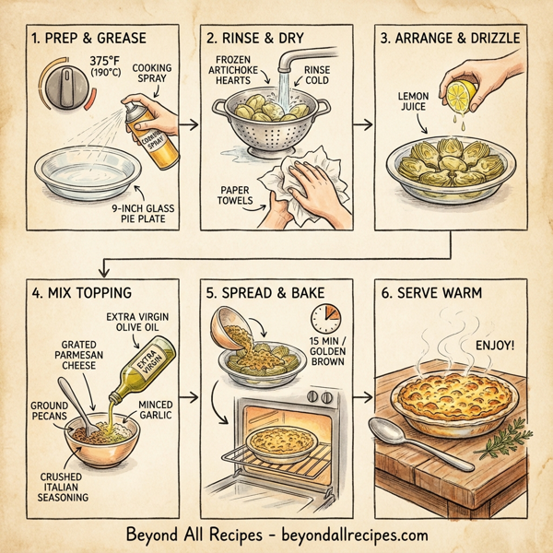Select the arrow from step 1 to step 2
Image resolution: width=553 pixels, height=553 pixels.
coord(189,121)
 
